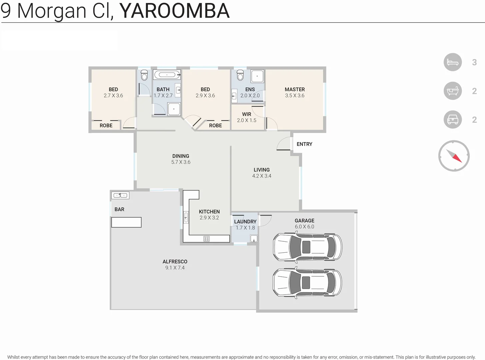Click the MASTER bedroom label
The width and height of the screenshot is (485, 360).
coord(295,89)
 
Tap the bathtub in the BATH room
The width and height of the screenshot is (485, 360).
coord(167,75)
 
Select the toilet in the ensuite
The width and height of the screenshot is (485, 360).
coord(240,75)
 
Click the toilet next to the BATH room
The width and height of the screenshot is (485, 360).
coord(144,75)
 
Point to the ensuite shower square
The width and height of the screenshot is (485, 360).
coord(257,76)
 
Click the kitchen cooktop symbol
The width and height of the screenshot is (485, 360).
coord(206,239)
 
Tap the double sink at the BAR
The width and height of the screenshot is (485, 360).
coord(120,195)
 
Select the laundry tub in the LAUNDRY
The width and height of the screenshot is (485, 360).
coord(254,238)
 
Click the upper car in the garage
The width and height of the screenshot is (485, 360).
coord(307,247)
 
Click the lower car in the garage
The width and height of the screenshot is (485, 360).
coord(307,283)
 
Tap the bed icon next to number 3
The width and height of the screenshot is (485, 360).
coord(452,62)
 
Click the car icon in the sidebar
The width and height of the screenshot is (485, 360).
coord(452,119)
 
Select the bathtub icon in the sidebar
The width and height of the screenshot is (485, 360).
coord(452,91)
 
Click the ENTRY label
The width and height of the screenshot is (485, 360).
coord(304,144)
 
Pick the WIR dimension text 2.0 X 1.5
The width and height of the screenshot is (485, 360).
coord(246,120)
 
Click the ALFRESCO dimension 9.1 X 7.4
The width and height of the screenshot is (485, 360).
coord(175,268)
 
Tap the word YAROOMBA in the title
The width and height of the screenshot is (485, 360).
coord(174,11)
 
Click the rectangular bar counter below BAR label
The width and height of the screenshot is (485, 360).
coord(126,222)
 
